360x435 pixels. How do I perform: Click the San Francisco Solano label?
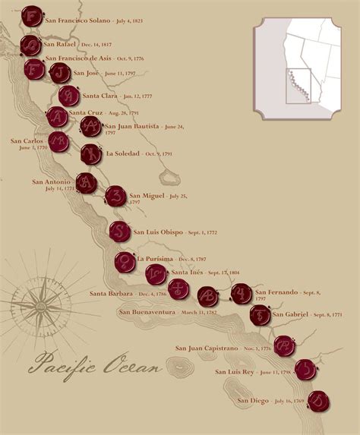pyautogui.click(x=78, y=20)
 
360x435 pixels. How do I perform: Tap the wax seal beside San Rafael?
pyautogui.click(x=31, y=46)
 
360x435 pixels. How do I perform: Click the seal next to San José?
pyautogui.click(x=60, y=73)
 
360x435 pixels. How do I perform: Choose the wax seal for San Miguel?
pyautogui.click(x=115, y=197)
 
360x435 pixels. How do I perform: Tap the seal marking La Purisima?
pyautogui.click(x=125, y=262)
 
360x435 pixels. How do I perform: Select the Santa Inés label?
pyautogui.click(x=188, y=272)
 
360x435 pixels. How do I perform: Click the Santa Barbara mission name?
pyautogui.click(x=111, y=293)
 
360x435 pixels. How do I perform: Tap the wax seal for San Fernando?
pyautogui.click(x=241, y=293)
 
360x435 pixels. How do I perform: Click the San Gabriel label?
pyautogui.click(x=290, y=314)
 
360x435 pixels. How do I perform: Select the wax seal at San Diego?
pyautogui.click(x=318, y=400)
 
